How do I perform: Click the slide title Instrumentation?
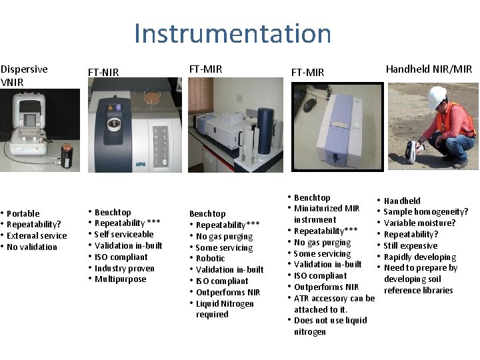point(232,33)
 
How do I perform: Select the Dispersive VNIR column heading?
point(24,75)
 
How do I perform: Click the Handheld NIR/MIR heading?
point(429,69)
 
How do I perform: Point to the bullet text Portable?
point(23,213)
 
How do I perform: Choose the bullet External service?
point(37,235)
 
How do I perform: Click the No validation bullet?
point(32,247)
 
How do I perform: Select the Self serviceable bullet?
point(124,234)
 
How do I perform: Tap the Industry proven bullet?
point(125,268)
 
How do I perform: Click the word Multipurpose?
point(120,279)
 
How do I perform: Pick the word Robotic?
point(211,259)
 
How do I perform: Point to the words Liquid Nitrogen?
point(225,303)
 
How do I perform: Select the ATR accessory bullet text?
point(334,298)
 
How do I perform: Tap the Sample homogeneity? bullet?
point(426,212)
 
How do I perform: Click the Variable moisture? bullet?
point(420,223)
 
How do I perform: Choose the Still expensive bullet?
point(411,245)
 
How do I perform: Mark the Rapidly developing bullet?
point(420,257)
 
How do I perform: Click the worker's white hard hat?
point(437,96)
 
